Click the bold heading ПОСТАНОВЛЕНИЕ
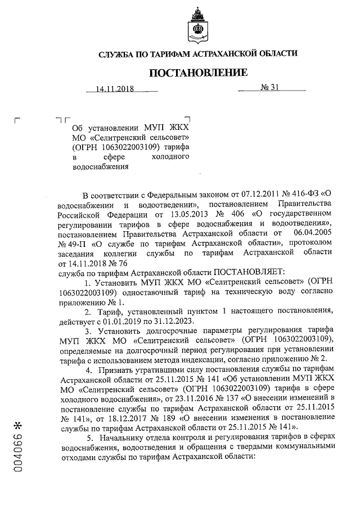[x=198, y=72]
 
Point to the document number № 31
[x=269, y=88]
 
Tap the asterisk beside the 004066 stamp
[x=21, y=421]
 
